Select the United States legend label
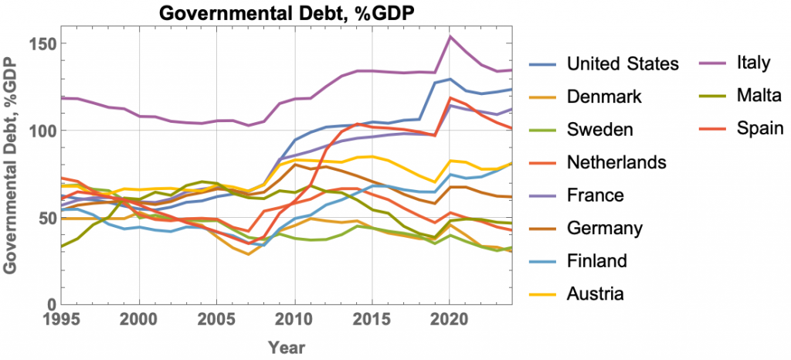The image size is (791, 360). (x=622, y=63)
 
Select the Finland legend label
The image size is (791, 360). (x=596, y=260)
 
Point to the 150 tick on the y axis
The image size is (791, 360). (x=40, y=43)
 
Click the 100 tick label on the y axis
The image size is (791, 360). (x=40, y=130)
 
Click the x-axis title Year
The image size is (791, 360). (x=287, y=348)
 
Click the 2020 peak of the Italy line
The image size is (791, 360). (x=450, y=36)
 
